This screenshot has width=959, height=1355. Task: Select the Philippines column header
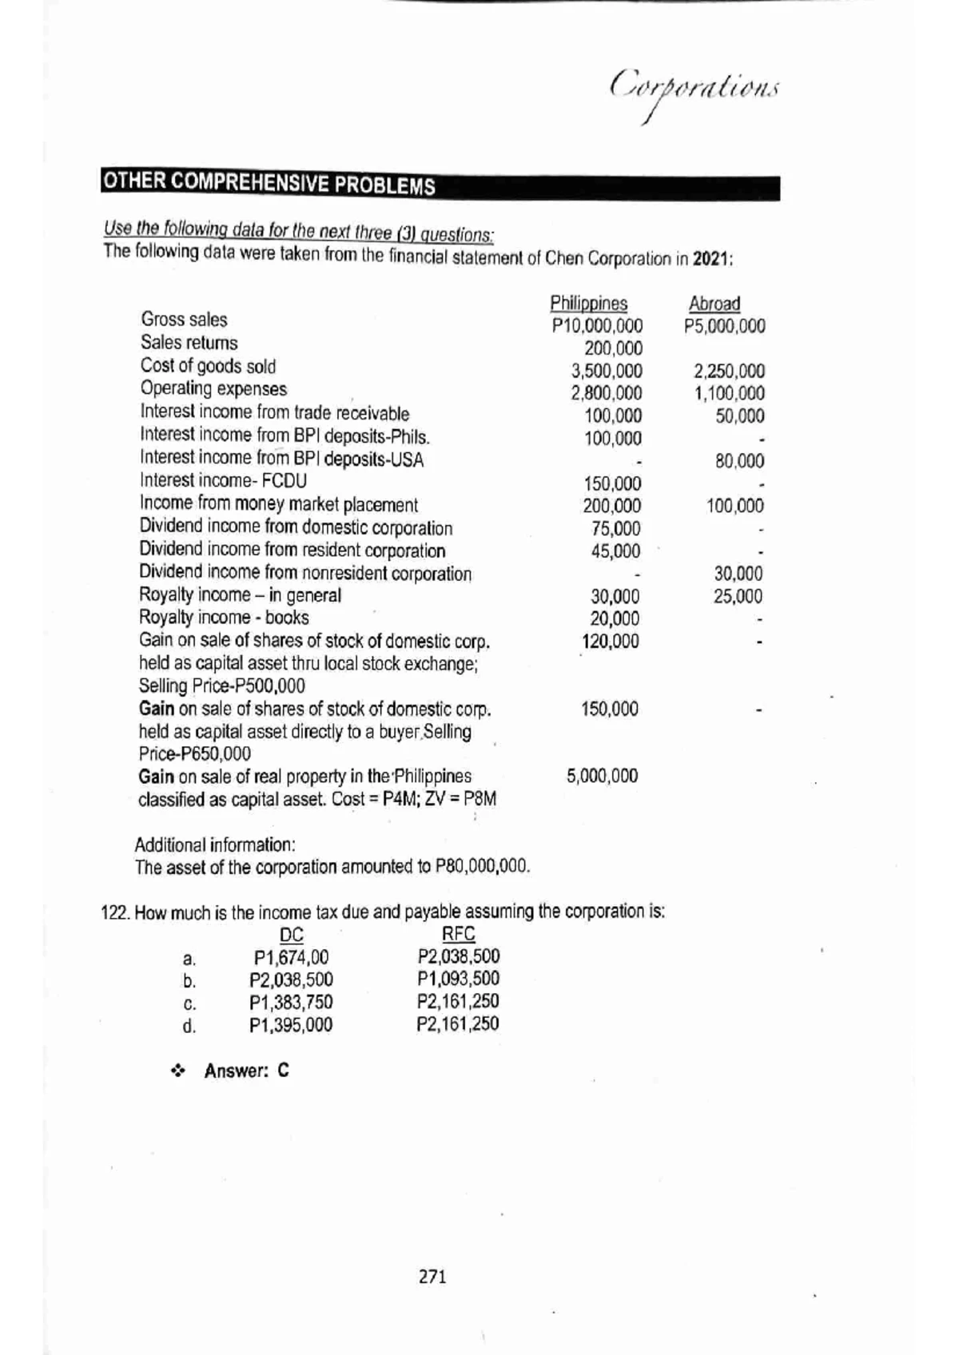click(x=588, y=304)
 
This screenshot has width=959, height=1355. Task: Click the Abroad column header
click(x=714, y=304)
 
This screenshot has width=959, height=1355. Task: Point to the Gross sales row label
click(x=184, y=320)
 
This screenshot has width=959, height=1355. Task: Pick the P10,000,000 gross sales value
click(x=597, y=326)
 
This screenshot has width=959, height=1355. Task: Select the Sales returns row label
click(x=189, y=343)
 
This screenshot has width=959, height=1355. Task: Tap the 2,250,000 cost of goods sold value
click(x=729, y=371)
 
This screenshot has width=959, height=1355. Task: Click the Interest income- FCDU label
click(x=223, y=481)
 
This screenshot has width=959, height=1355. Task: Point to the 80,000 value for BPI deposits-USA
click(x=739, y=461)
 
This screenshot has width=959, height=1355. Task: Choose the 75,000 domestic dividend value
click(x=615, y=529)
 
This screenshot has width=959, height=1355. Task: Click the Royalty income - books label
click(x=224, y=618)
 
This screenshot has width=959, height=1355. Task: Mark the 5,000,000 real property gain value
click(x=602, y=776)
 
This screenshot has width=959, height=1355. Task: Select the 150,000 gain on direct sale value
click(x=610, y=709)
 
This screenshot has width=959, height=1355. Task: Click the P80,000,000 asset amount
click(x=480, y=867)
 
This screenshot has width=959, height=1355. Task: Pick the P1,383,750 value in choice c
click(x=291, y=1003)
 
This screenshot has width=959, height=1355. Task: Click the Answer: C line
click(x=245, y=1071)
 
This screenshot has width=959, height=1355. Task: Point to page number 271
click(x=432, y=1277)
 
